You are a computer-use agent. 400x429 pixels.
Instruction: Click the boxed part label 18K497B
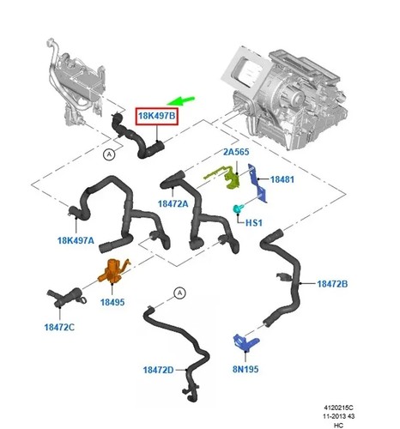[x=156, y=116]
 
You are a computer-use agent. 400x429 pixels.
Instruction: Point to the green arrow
[x=181, y=100]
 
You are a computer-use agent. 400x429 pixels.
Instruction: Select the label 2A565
[x=236, y=152]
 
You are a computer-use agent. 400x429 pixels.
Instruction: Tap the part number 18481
[x=282, y=179]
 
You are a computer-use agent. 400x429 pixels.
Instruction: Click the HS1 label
[x=254, y=222]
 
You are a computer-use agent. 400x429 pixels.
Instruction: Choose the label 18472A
[x=173, y=203]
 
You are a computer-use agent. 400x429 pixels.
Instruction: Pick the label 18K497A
[x=76, y=240]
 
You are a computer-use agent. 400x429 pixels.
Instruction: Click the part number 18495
[x=112, y=302]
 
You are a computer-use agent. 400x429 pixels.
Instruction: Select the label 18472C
[x=59, y=327]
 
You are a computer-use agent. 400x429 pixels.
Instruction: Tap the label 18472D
[x=158, y=370]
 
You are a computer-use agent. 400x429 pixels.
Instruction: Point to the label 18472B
[x=332, y=284]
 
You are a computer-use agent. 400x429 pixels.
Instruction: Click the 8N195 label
[x=245, y=369]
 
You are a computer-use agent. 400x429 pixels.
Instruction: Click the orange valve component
[x=113, y=271]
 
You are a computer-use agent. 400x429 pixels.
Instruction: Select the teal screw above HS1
[x=238, y=208]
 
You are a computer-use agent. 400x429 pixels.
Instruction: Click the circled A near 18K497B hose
[x=109, y=154]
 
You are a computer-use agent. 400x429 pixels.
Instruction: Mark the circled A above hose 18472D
[x=179, y=293]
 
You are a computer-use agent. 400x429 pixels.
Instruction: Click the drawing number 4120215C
[x=338, y=408]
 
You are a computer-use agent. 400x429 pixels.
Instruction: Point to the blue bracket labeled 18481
[x=258, y=183]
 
